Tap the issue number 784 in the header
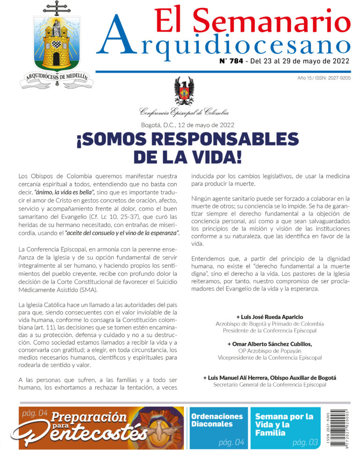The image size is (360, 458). pos(233,61)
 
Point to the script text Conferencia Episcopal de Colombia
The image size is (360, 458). pos(184,112)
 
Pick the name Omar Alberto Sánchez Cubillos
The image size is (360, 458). pos(270,344)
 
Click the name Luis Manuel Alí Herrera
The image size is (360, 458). pos(240,377)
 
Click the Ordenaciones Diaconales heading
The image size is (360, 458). pos(217,420)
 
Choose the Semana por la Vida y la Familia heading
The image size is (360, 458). pos(284,424)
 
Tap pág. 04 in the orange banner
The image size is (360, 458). pos(35,413)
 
